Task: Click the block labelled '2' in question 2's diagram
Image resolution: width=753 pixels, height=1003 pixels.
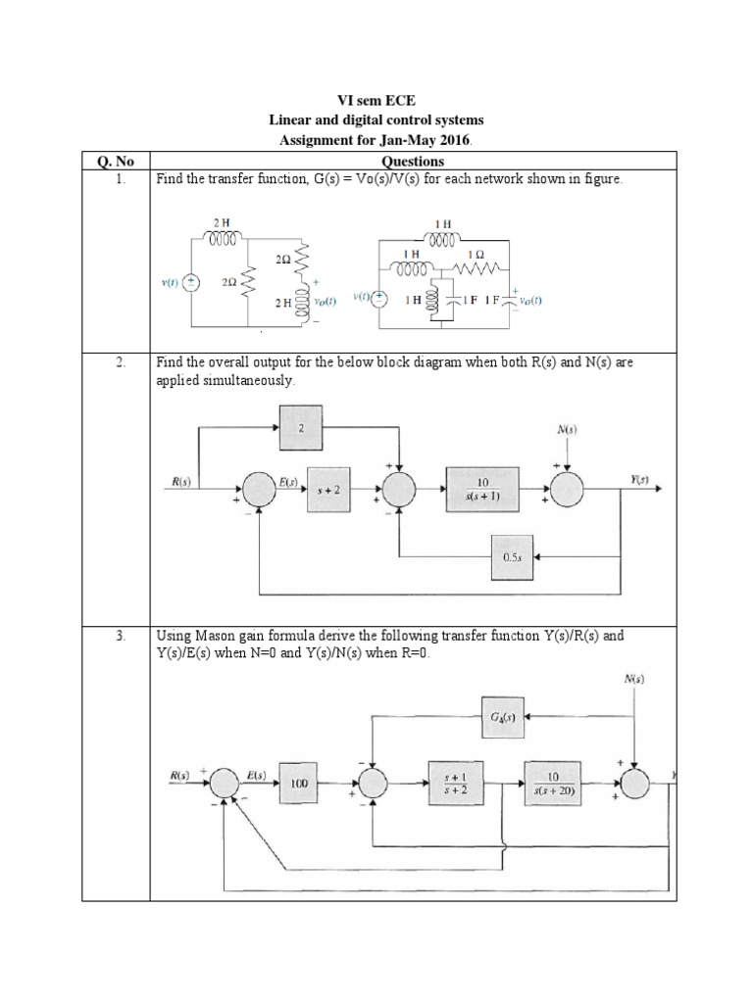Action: [x=302, y=428]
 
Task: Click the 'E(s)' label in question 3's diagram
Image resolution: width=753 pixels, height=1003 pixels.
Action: [x=257, y=774]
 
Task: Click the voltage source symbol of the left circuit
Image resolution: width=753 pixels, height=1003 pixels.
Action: [x=192, y=283]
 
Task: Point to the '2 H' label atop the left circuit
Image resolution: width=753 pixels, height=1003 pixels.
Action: [x=222, y=224]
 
